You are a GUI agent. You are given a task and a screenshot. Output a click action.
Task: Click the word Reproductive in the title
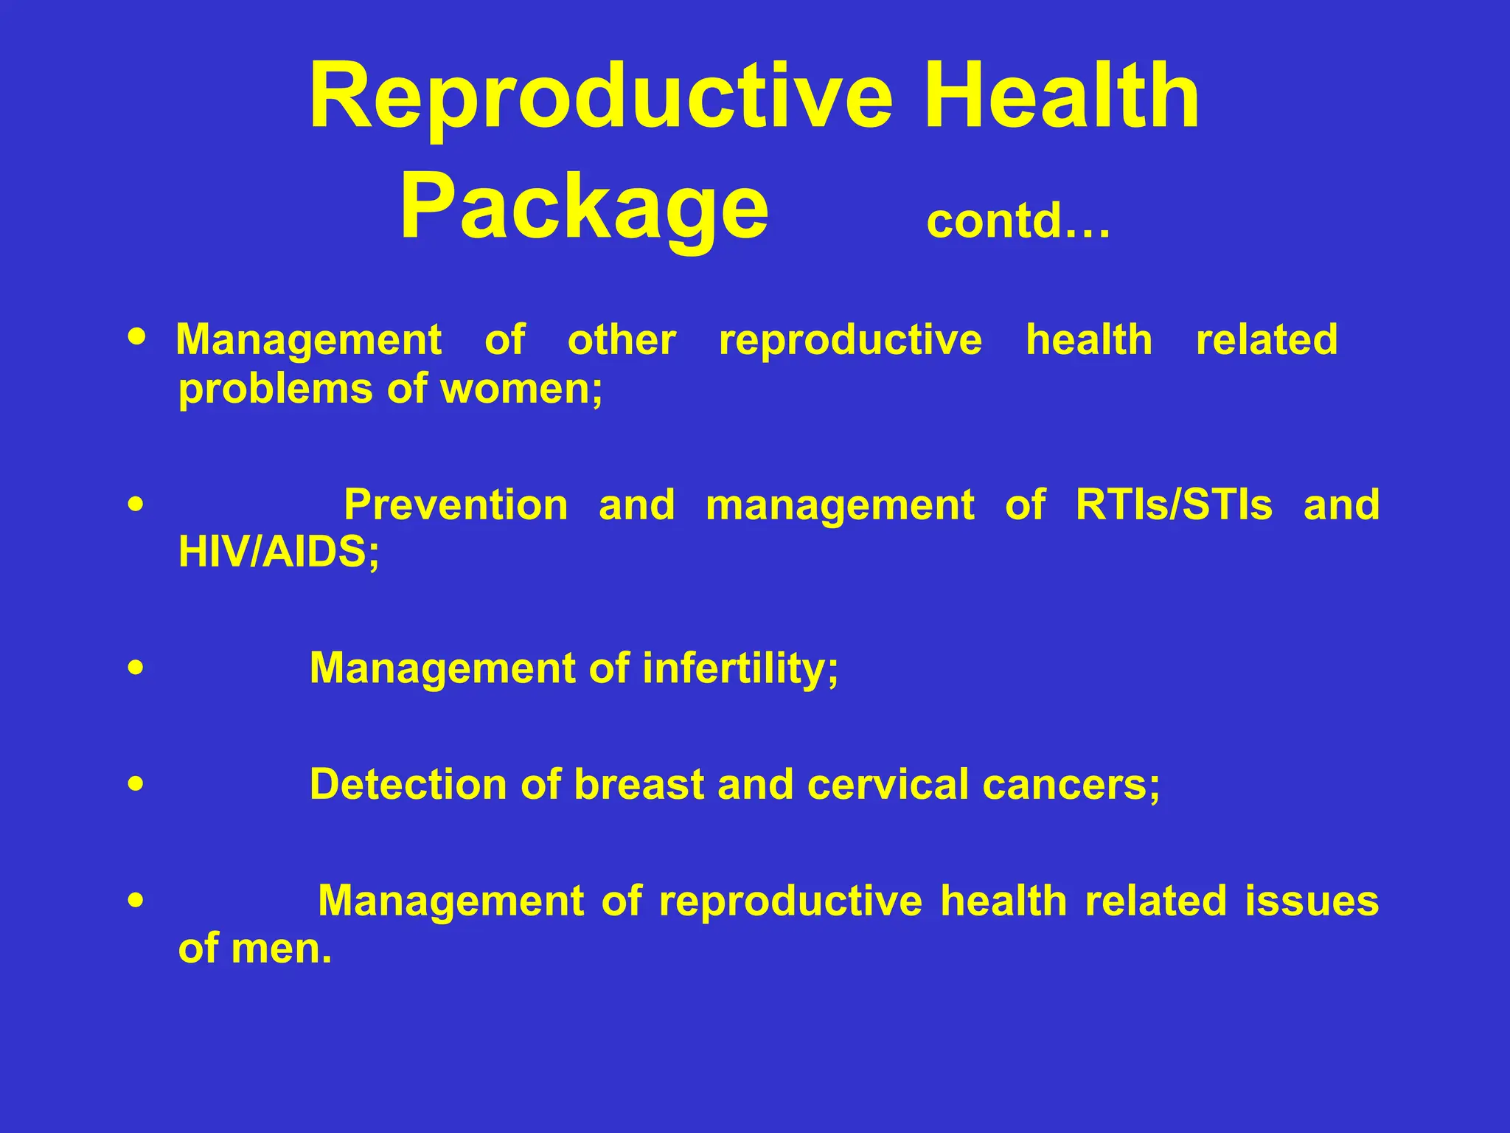tap(601, 97)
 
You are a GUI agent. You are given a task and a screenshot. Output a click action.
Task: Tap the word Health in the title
tap(1062, 97)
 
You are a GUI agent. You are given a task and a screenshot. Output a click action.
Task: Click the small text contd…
tap(1017, 221)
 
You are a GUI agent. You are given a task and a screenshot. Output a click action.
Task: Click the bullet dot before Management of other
tap(137, 336)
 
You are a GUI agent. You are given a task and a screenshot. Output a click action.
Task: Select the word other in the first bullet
tap(622, 340)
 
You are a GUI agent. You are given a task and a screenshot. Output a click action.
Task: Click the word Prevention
tap(456, 505)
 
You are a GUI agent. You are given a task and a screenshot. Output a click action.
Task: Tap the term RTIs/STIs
tap(1174, 505)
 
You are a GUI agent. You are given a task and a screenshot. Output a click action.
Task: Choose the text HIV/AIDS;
tap(279, 552)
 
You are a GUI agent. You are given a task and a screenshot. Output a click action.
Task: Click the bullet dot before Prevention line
tap(136, 505)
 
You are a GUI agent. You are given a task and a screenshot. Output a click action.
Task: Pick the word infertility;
tap(740, 668)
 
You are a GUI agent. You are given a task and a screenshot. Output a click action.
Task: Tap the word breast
tap(639, 784)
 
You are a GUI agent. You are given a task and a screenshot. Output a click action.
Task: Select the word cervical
tap(888, 784)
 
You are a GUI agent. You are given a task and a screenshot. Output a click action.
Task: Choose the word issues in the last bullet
tap(1312, 901)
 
